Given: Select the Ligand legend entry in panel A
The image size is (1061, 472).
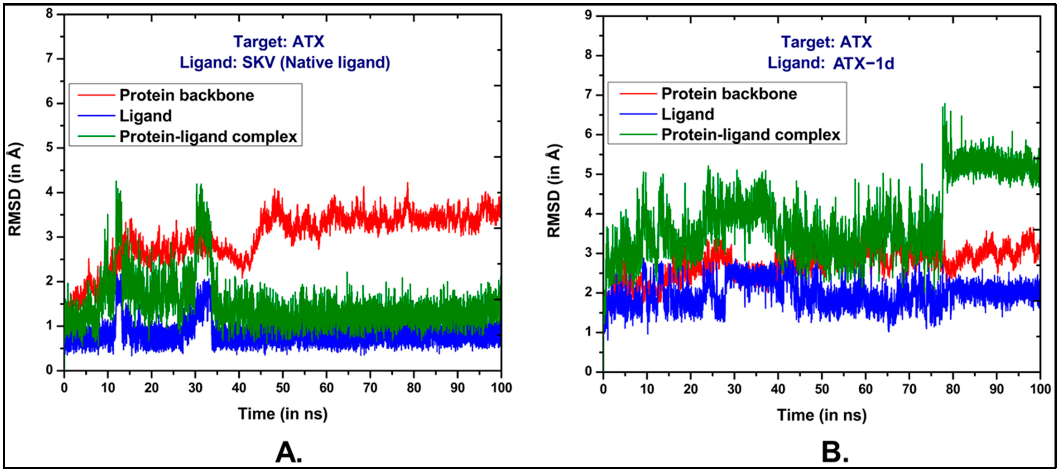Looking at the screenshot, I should (145, 116).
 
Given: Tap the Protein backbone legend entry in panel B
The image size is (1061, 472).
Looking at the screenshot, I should (729, 94).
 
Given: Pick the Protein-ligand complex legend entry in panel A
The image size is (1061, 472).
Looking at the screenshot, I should (208, 137).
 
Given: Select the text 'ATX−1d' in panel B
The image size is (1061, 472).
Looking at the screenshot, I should (863, 64).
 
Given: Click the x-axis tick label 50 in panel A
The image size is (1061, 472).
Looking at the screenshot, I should (283, 388).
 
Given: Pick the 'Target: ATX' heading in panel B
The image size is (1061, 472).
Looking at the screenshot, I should (826, 42).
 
